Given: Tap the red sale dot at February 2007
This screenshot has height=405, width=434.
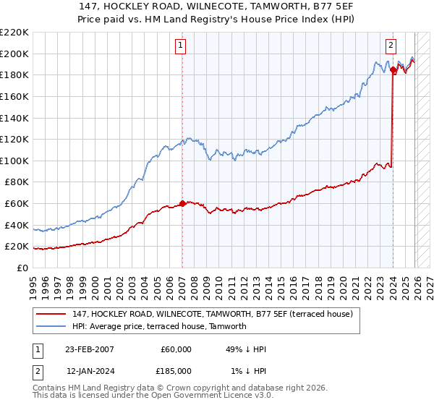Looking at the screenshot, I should [x=182, y=203].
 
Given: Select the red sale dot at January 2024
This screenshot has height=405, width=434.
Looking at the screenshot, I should [x=393, y=70].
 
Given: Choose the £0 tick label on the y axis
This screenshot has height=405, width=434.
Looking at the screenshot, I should [x=22, y=268].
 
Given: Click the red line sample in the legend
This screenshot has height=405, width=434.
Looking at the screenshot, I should [x=52, y=314].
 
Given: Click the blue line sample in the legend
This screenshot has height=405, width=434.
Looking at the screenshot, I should [x=52, y=326].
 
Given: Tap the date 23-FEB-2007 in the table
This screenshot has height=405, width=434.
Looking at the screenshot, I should [x=89, y=349].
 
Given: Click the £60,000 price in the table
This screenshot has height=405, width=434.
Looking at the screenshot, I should [x=175, y=349].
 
